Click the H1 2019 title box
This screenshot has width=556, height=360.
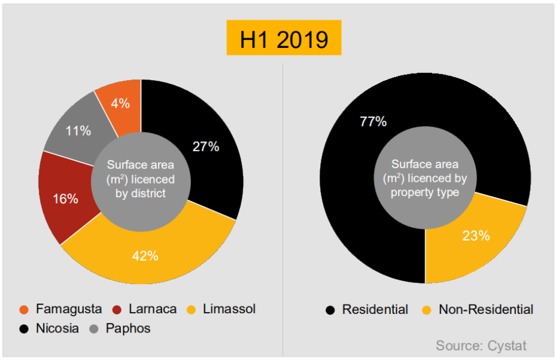tap(284, 38)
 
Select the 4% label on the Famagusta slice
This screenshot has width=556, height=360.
tap(120, 103)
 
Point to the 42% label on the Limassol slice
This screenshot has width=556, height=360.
tap(145, 256)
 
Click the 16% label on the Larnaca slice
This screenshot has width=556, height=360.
tap(65, 199)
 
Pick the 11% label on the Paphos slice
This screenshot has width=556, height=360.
tap(78, 130)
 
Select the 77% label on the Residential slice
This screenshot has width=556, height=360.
tap(373, 121)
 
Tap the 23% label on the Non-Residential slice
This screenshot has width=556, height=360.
tap(476, 236)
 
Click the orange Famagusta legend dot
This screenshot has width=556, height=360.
tap(24, 310)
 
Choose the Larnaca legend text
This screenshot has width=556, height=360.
tap(152, 309)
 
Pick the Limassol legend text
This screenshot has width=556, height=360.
tap(229, 309)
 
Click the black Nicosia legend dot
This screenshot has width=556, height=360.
tap(24, 329)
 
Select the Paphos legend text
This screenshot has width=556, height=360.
tap(128, 328)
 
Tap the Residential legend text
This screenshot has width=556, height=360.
tap(375, 310)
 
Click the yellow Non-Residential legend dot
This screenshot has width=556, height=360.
tap(427, 310)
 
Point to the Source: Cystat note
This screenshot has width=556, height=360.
tap(481, 346)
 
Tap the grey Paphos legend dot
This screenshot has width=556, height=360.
tap(93, 329)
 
